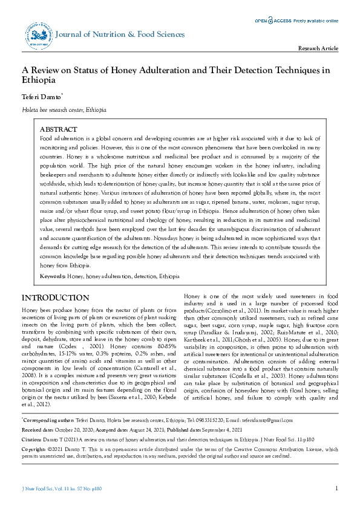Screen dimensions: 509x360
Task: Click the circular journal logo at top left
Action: click(37, 36)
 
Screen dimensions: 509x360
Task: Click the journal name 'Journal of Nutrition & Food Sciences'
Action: click(120, 34)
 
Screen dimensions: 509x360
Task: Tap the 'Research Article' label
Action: click(318, 48)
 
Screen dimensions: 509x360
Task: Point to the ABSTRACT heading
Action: click(58, 130)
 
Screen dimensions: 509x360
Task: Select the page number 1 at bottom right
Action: click(336, 488)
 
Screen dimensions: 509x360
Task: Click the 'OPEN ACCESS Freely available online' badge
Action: click(296, 20)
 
